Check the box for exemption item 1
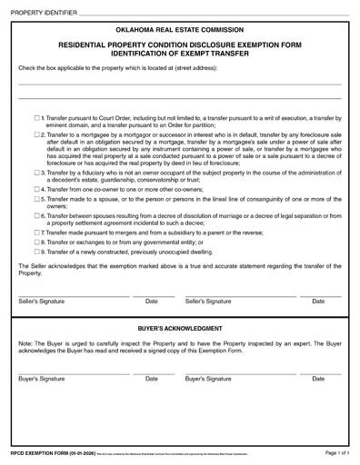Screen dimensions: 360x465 [x=36, y=118]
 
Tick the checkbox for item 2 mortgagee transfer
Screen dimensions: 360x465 [x=36, y=134]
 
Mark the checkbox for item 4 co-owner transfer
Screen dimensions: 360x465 [x=36, y=188]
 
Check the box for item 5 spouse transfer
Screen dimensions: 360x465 [x=36, y=198]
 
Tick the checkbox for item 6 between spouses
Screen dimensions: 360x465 [x=36, y=216]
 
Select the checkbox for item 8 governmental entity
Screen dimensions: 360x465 [x=36, y=242]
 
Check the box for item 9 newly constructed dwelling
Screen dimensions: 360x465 [x=36, y=252]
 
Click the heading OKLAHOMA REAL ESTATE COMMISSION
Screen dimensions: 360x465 [x=180, y=26]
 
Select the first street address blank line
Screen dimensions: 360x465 [x=180, y=84]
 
